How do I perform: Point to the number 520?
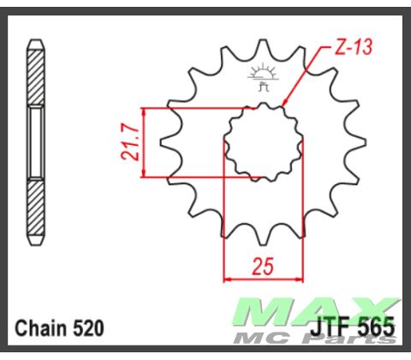[89, 327]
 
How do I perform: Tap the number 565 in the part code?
[378, 327]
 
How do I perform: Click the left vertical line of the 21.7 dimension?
[143, 144]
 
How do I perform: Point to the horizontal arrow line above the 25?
[264, 278]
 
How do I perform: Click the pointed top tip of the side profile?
[36, 41]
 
